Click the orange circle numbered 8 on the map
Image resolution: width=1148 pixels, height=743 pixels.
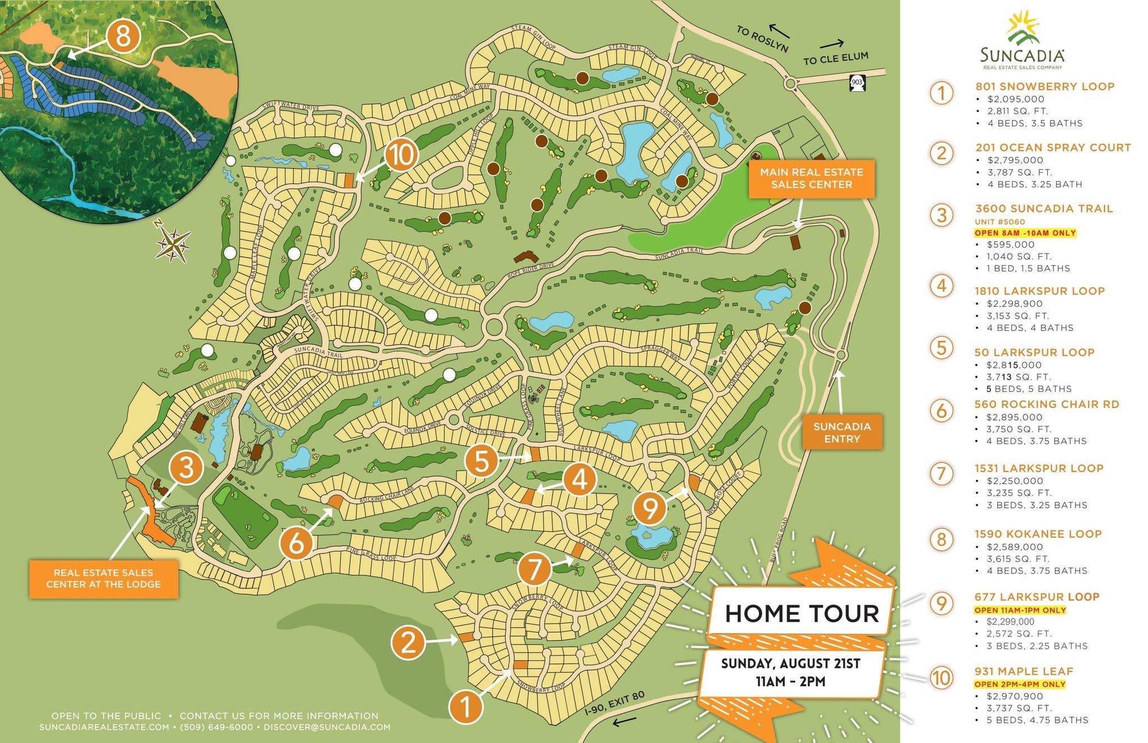(123, 37)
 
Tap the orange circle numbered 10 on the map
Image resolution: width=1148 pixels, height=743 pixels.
(401, 154)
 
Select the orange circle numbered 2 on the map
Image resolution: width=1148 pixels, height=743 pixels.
(408, 643)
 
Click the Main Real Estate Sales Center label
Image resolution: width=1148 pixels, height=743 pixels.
(811, 178)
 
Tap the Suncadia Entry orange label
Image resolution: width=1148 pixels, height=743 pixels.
(842, 432)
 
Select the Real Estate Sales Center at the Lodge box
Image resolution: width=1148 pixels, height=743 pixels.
(104, 579)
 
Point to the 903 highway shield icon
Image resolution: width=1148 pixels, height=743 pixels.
(857, 83)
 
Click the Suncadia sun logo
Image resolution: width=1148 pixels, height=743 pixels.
(1024, 28)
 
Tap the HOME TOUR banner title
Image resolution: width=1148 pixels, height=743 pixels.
(802, 613)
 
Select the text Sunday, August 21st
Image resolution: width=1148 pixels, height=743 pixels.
(790, 663)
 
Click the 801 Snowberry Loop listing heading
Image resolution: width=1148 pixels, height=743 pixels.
(1044, 86)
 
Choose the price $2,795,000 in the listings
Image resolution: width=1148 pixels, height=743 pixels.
(1015, 160)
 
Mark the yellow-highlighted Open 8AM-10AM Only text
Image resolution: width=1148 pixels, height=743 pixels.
(1025, 233)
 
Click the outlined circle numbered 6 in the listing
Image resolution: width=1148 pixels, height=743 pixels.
(942, 410)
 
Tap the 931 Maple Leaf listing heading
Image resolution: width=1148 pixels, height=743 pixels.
(1024, 671)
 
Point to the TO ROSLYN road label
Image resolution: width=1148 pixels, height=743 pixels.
(762, 39)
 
